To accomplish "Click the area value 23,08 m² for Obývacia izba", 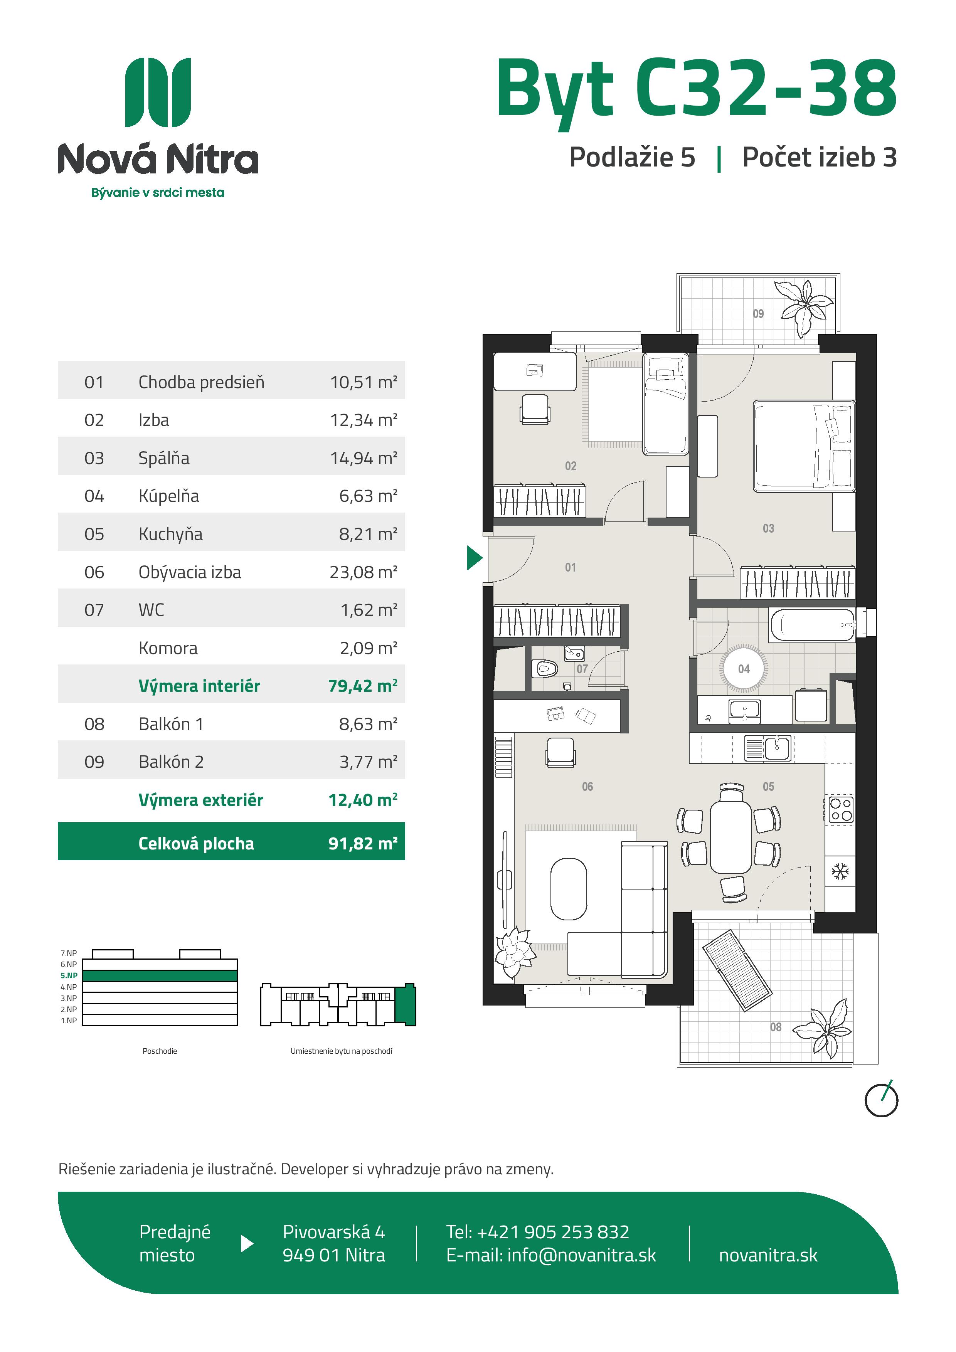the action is [364, 572].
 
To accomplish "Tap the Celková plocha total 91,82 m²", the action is [363, 843].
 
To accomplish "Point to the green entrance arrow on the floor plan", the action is [474, 558].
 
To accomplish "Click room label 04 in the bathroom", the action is [744, 669].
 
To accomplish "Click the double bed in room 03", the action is [804, 446].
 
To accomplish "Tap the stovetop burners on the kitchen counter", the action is [841, 810].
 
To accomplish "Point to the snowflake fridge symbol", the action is [840, 871].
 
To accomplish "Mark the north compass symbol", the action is [881, 1100].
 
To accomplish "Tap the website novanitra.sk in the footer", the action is [768, 1255].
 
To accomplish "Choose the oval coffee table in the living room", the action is [569, 889].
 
